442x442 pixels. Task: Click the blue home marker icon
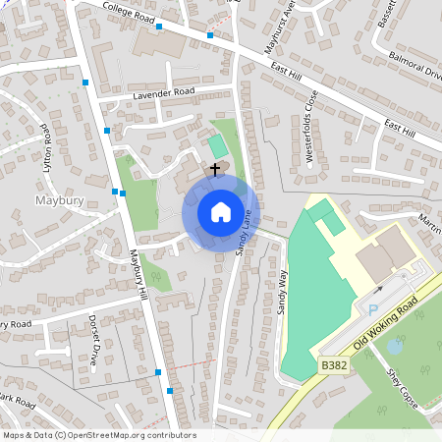point(220,212)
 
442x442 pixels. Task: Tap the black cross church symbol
point(214,169)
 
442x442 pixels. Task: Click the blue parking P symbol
point(372,310)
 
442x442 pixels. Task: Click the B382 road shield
point(333,365)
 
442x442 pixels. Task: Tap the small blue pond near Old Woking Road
point(395,346)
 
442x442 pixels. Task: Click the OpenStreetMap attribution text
point(99,435)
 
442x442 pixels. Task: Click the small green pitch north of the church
point(216,146)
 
